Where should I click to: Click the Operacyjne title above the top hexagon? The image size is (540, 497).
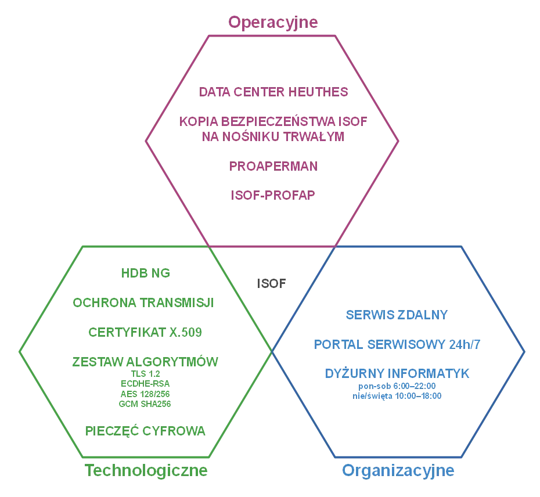coord(273,22)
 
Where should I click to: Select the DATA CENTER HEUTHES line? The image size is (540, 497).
coord(273,92)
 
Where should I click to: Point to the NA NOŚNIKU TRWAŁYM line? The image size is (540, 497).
coord(272,138)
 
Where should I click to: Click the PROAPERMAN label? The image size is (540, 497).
coord(273,165)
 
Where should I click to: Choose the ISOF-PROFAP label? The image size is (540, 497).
coord(272,195)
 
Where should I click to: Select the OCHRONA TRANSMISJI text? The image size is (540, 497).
coord(143,302)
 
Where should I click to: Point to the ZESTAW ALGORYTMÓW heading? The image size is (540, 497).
coord(145,361)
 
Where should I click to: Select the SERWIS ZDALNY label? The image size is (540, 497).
coord(397,314)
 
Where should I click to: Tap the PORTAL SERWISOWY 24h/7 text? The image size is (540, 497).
coord(397,344)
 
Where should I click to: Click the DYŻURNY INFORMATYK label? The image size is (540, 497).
coord(398,373)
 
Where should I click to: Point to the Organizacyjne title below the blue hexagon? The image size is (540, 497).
coord(398,470)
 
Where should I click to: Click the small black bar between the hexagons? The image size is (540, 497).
coord(272,283)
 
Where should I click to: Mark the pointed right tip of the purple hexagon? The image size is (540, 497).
coord(398,139)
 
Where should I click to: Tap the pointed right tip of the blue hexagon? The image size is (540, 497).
coord(524,351)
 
